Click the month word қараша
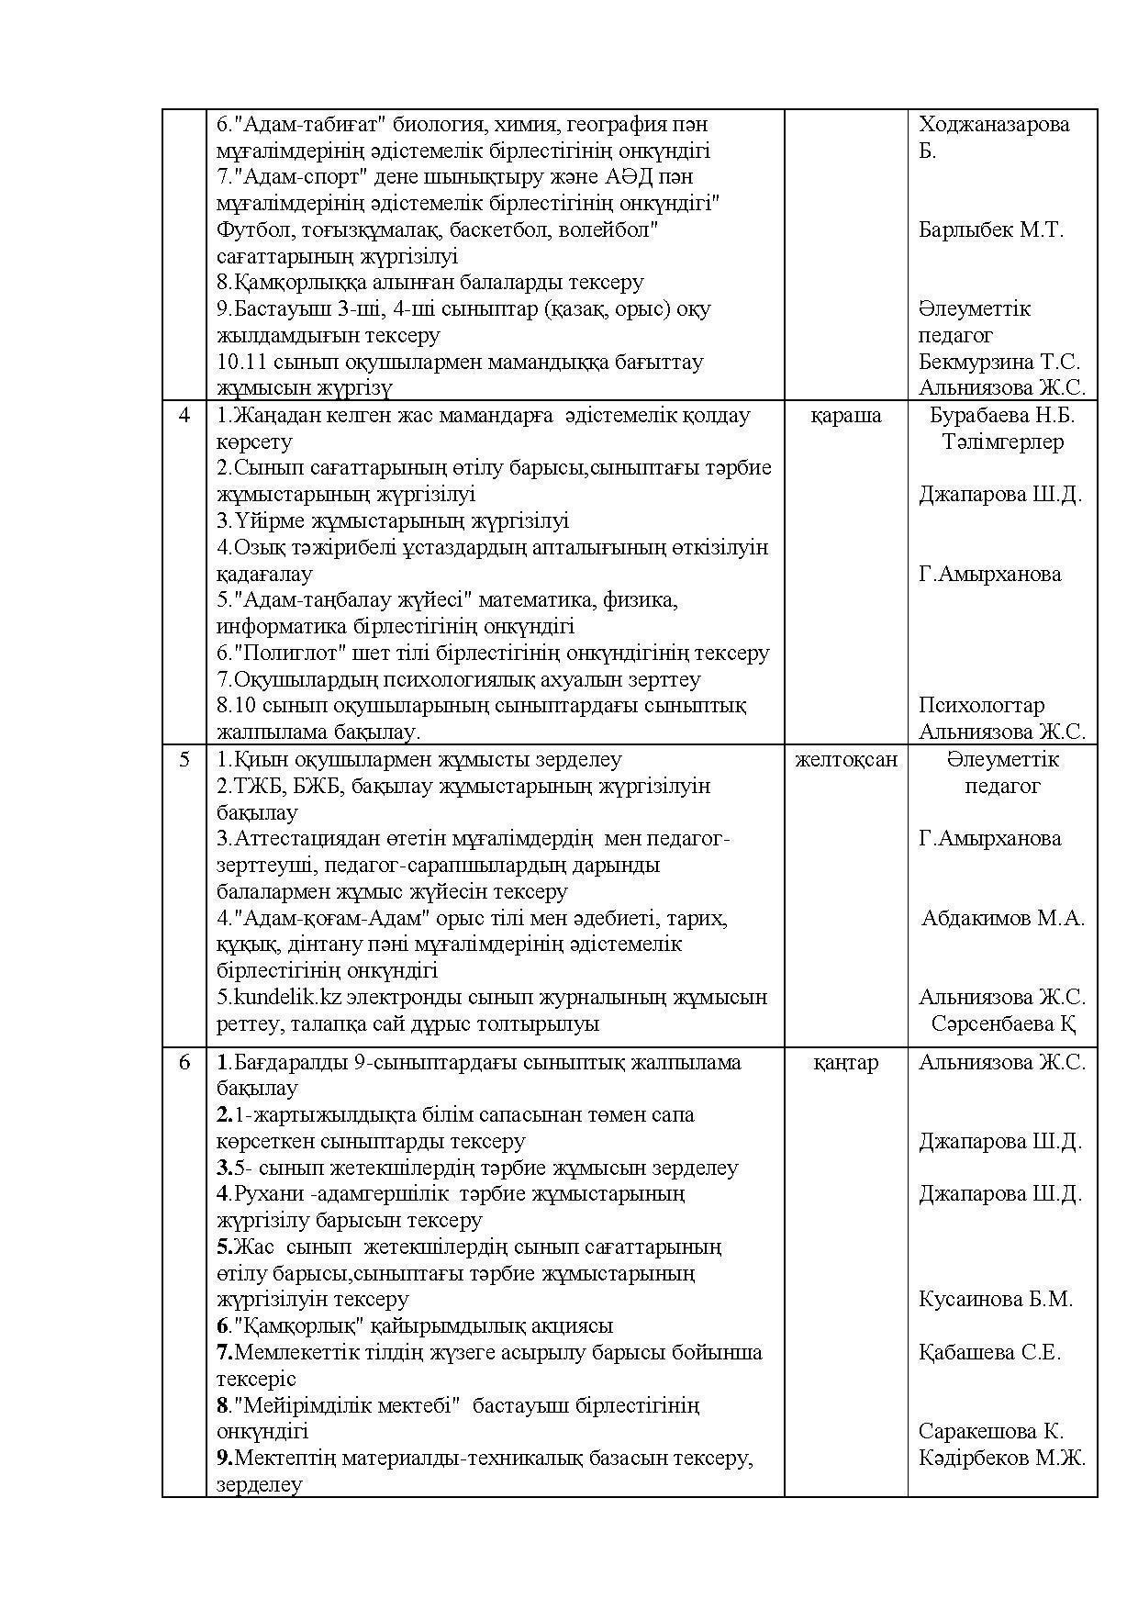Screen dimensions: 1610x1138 pos(845,416)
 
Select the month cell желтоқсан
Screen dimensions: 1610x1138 pos(845,760)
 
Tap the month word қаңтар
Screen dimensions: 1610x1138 pos(845,1063)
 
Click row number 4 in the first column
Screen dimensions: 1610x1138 pos(184,416)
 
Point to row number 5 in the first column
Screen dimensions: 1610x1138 pos(184,760)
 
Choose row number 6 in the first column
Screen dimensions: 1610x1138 pos(184,1063)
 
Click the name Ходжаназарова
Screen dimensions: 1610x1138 pos(994,125)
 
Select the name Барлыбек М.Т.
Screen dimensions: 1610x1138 pos(991,230)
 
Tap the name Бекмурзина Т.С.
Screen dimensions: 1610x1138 pos(999,363)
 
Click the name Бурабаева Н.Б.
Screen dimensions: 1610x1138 pos(1002,416)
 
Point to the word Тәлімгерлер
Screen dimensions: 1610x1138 pos(1002,442)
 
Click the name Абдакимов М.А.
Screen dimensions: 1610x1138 pos(1002,919)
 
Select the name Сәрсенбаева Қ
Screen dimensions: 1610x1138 pos(1002,1024)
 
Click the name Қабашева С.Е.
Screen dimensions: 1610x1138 pos(989,1353)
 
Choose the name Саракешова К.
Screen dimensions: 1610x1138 pos(991,1432)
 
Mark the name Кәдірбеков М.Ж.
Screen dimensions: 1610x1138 pos(1002,1459)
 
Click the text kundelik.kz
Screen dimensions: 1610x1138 pos(276,998)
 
